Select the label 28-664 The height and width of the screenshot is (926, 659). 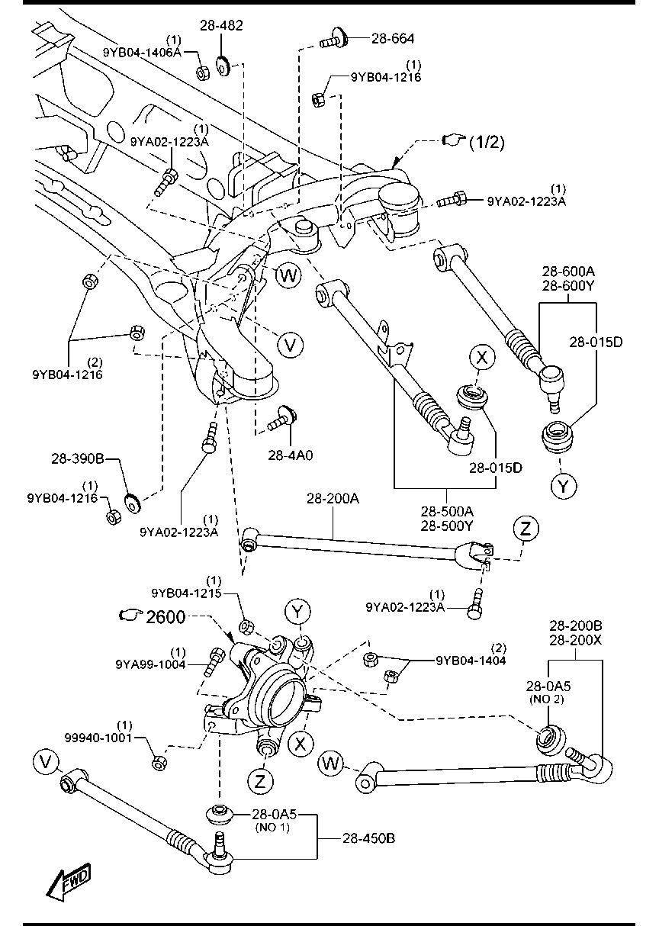click(x=394, y=37)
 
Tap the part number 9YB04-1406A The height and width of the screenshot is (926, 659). click(x=142, y=52)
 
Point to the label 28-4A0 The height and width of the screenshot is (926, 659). click(x=291, y=455)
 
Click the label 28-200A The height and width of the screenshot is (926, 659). click(x=333, y=499)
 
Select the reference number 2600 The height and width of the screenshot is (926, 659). click(x=166, y=616)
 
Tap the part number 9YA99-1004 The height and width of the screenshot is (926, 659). click(x=151, y=664)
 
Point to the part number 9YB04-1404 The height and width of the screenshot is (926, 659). click(x=471, y=661)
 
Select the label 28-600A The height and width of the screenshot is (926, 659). click(x=568, y=272)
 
